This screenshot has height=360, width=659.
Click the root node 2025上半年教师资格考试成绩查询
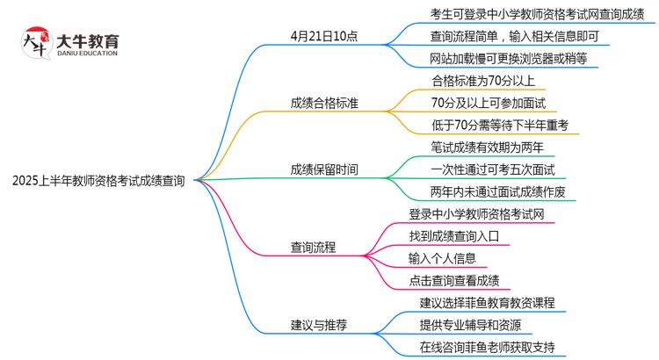click(98, 181)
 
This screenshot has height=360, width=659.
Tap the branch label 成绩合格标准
click(324, 104)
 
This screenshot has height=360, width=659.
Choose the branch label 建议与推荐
click(319, 325)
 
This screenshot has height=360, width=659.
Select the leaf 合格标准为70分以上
click(482, 81)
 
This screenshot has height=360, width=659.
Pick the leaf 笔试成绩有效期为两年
click(487, 147)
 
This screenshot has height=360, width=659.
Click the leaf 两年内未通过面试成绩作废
click(499, 191)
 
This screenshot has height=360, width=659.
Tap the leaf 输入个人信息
click(442, 258)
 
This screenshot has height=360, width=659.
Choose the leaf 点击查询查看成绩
click(453, 281)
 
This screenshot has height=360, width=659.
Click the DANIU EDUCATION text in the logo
click(86, 53)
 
